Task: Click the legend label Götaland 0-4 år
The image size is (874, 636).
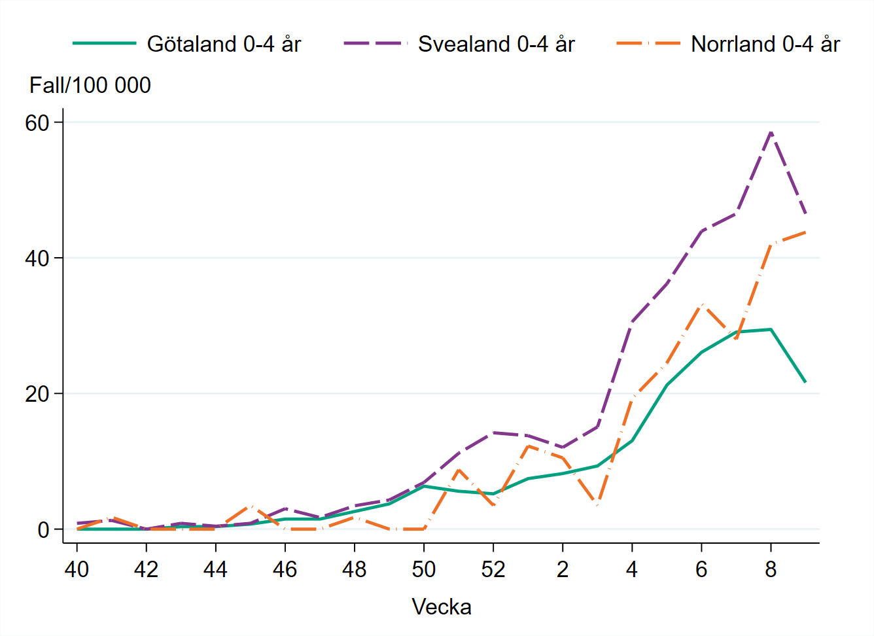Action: click(x=224, y=44)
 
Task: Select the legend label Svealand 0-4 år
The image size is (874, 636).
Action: click(x=496, y=44)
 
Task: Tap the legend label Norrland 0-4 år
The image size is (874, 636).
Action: click(x=765, y=44)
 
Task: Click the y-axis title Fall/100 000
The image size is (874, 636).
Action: click(x=90, y=85)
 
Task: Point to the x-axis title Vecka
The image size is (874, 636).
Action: click(x=442, y=607)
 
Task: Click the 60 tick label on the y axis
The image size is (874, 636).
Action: click(x=38, y=123)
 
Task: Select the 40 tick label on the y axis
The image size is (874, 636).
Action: click(x=38, y=258)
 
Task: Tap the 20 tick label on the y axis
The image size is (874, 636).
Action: click(x=38, y=394)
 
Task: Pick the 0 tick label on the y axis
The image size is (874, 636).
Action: click(x=44, y=529)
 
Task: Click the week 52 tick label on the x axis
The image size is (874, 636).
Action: click(x=493, y=569)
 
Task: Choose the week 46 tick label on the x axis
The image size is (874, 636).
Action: click(x=285, y=569)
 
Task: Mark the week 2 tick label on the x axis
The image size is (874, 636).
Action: click(x=563, y=569)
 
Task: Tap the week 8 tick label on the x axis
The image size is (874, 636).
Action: click(x=771, y=569)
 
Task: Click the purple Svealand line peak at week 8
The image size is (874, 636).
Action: click(x=771, y=132)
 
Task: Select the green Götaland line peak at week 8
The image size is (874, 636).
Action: click(x=771, y=329)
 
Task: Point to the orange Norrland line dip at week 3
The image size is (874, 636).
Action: click(x=597, y=504)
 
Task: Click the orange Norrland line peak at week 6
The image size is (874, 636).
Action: click(x=702, y=305)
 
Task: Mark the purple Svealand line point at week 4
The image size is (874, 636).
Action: click(x=632, y=322)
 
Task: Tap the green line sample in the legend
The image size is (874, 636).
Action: click(x=105, y=44)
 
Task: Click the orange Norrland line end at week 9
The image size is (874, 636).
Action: click(x=805, y=232)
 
